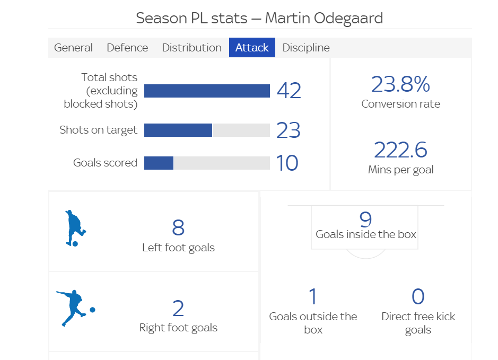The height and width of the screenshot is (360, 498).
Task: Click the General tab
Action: [x=73, y=48]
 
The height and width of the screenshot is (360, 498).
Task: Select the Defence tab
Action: [x=127, y=48]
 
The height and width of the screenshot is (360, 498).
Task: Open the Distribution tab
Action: [x=191, y=48]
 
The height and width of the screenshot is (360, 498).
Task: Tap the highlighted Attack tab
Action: [x=252, y=48]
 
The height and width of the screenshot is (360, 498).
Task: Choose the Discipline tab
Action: [x=306, y=48]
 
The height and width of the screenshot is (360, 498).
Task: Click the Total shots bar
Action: [x=207, y=91]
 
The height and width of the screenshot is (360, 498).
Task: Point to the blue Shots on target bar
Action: [x=178, y=130]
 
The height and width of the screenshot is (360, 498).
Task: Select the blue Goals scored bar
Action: [x=159, y=163]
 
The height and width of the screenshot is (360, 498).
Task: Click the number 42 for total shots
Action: [x=289, y=91]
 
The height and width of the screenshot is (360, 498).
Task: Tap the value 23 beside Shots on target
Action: [x=288, y=130]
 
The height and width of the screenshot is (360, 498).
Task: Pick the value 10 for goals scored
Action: [x=287, y=163]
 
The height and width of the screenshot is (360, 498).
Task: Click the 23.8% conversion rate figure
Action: [x=400, y=84]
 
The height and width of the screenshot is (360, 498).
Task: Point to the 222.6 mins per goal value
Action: [x=400, y=150]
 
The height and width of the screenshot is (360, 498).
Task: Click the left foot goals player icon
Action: [x=74, y=229]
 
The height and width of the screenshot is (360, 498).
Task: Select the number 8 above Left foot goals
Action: [x=178, y=228]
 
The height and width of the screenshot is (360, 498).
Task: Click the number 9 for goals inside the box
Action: [x=365, y=219]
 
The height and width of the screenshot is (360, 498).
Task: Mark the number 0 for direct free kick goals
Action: [x=418, y=297]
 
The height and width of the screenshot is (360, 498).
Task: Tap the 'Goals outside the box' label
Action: [x=313, y=323]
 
